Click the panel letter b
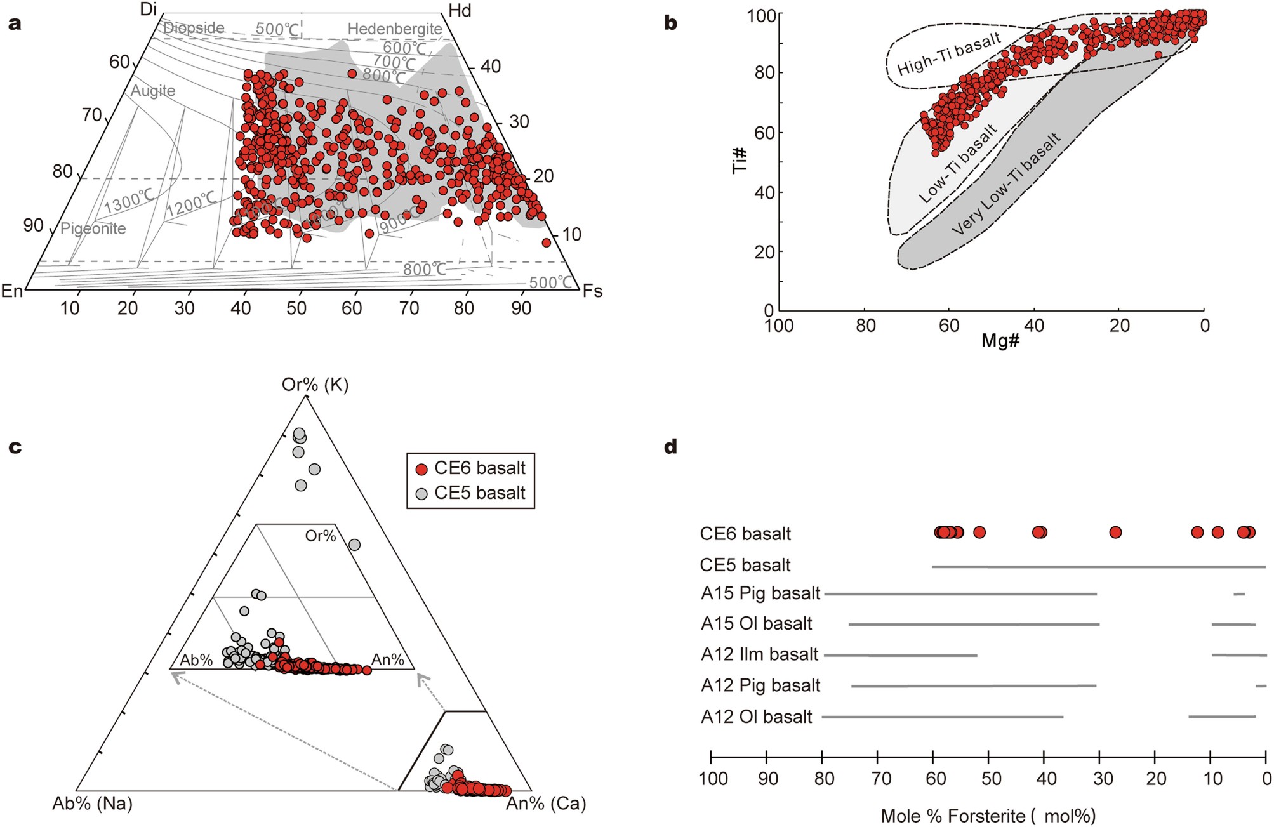click(670, 23)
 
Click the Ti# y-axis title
click(740, 161)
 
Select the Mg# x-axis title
click(1000, 341)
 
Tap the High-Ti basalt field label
click(948, 53)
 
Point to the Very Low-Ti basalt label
click(1006, 184)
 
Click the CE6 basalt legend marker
click(421, 469)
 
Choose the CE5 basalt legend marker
click(421, 493)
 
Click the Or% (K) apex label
click(315, 385)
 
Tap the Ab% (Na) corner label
click(93, 804)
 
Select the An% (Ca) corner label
click(546, 804)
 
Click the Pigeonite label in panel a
click(93, 228)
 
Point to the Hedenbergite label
click(395, 29)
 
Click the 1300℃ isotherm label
click(129, 202)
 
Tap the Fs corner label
click(592, 291)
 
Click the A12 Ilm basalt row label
click(759, 654)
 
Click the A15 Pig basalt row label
click(760, 593)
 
